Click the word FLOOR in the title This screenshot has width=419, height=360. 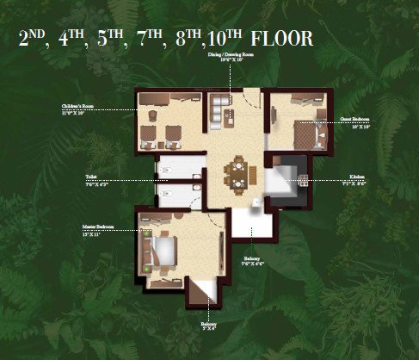pos(282,39)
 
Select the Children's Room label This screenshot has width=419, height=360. pos(77,109)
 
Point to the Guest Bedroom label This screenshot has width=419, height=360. pos(354,120)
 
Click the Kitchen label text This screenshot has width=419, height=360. pos(354,182)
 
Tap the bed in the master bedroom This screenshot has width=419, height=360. pos(163,250)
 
